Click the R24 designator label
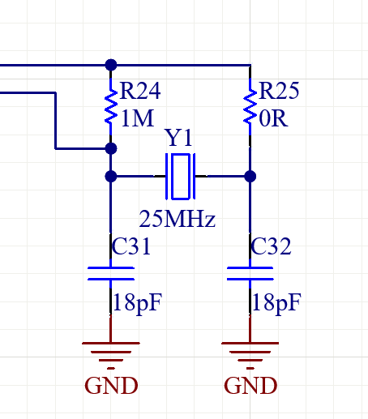(140, 91)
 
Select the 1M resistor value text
(138, 118)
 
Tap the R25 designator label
(279, 91)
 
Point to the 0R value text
(273, 118)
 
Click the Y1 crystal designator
(178, 138)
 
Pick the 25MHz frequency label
(178, 219)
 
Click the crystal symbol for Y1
(181, 177)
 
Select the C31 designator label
(131, 246)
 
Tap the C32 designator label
(271, 246)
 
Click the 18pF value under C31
(138, 303)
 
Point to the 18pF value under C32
(276, 303)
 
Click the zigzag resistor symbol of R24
(111, 106)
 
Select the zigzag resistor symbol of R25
(250, 106)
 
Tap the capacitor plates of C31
(111, 273)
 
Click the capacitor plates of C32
(250, 273)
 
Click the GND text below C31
(111, 386)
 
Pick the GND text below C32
(250, 386)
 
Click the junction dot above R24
(111, 65)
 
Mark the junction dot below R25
(250, 177)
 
